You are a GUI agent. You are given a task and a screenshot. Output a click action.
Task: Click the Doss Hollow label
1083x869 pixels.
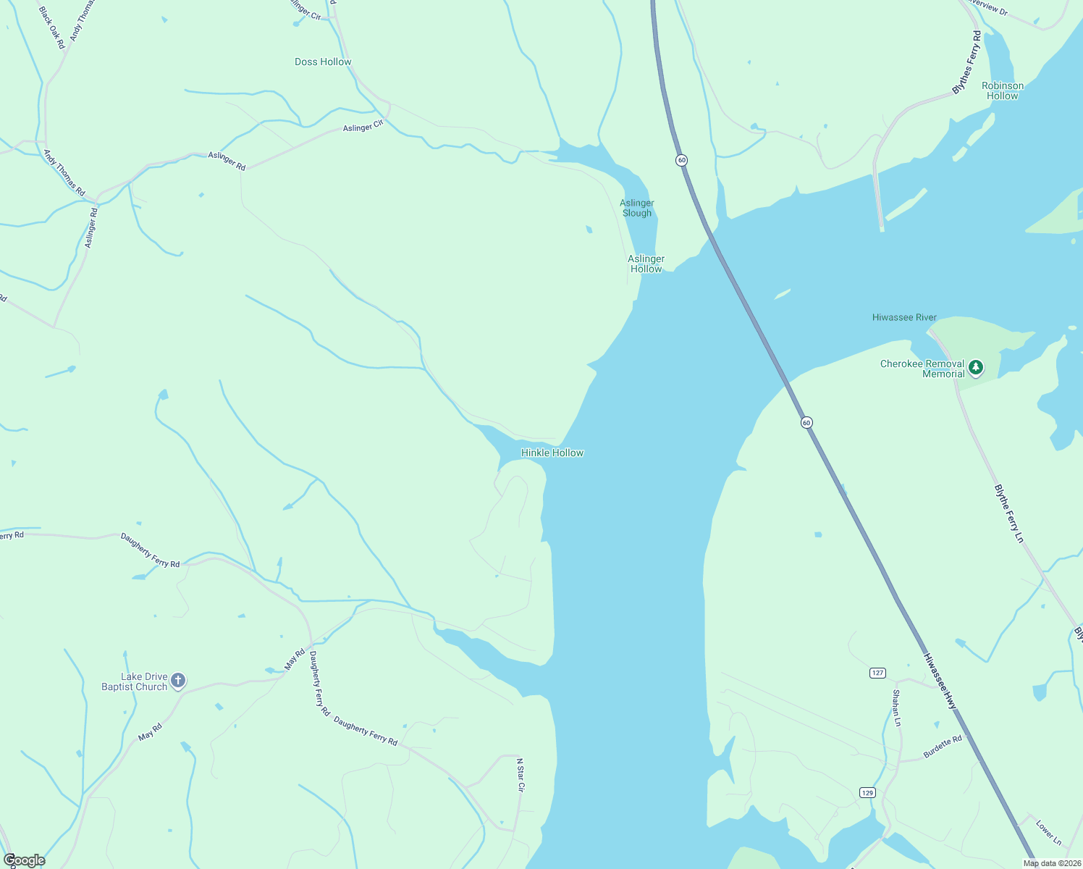click(323, 62)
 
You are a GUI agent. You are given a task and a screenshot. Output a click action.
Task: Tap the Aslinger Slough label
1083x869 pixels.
click(637, 208)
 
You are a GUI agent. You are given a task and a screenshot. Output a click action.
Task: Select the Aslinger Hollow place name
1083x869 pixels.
click(646, 264)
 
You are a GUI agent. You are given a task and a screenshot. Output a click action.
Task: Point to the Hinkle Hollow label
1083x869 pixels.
click(552, 453)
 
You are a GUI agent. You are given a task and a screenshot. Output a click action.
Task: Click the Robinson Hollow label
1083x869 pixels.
click(1003, 91)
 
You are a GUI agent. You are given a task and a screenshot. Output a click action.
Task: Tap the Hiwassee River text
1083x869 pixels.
click(904, 318)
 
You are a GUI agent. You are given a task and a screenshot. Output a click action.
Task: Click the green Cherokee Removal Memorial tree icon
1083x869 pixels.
click(976, 368)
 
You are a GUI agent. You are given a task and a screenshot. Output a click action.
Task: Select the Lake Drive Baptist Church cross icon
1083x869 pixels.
click(178, 681)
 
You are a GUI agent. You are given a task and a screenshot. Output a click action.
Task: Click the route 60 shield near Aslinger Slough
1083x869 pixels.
click(681, 160)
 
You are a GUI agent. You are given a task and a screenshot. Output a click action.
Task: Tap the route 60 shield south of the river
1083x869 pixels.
click(806, 422)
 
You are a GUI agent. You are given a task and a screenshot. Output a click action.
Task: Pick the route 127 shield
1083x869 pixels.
click(877, 673)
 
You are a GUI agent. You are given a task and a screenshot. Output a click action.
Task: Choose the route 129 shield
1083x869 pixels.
click(867, 792)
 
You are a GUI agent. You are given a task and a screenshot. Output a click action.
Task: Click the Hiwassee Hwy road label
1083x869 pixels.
click(940, 681)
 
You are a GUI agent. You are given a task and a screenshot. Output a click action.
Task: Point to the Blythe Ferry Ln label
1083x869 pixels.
click(1009, 513)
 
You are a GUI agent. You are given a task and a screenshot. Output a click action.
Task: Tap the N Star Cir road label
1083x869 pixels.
click(520, 775)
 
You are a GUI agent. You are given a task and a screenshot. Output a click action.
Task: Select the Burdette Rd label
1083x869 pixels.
click(943, 747)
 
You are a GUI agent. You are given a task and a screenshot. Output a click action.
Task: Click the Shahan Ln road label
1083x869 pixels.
click(896, 708)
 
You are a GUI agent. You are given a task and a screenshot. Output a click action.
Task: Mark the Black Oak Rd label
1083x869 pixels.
click(51, 28)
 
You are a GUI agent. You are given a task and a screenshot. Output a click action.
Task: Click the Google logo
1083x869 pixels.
click(24, 860)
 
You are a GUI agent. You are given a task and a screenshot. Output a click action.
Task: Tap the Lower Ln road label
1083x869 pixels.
click(1048, 833)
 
